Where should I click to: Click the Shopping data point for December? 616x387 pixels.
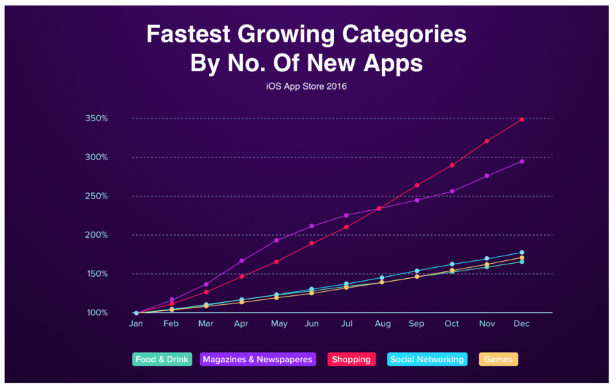tap(522, 119)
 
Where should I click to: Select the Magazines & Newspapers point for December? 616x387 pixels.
tap(522, 161)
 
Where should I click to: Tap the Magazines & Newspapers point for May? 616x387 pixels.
tap(277, 240)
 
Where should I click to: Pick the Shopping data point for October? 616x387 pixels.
tap(452, 165)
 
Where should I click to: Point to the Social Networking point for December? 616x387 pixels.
tap(522, 253)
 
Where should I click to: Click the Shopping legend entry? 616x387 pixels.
tap(352, 359)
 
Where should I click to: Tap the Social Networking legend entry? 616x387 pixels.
tap(427, 359)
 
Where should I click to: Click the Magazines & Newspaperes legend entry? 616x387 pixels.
tap(258, 359)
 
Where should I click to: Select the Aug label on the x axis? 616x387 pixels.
tap(382, 324)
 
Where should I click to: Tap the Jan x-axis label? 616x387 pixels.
tap(136, 324)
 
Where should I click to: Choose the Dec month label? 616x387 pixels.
tap(522, 324)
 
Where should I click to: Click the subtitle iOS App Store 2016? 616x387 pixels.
tap(307, 86)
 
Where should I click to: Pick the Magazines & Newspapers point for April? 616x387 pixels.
tap(242, 260)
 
